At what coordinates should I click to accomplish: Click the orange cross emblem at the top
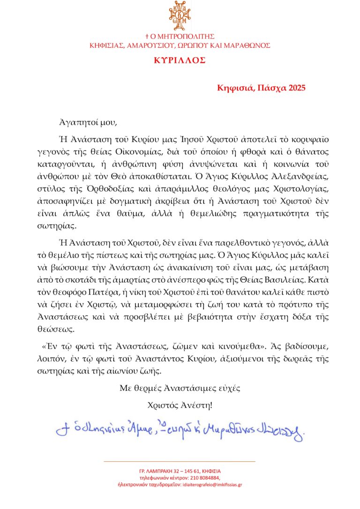pyautogui.click(x=180, y=15)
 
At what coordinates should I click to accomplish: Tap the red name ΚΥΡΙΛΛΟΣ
pyautogui.click(x=180, y=61)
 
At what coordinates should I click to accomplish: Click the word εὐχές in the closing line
pyautogui.click(x=229, y=388)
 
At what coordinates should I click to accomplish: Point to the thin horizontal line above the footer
pyautogui.click(x=180, y=462)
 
